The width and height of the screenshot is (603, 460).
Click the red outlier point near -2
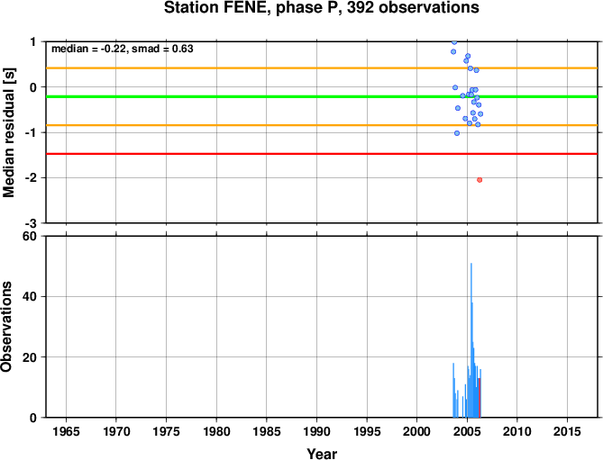pos(480,180)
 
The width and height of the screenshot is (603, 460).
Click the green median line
pos(322,96)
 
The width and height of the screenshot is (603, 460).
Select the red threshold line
pos(322,154)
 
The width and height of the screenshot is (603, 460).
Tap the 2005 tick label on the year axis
pos(467,431)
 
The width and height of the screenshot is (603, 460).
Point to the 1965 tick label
pos(66,431)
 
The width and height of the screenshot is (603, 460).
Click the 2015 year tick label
pos(567,431)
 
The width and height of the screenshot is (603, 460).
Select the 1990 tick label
pos(316,431)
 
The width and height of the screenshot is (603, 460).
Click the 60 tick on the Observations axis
pos(29,236)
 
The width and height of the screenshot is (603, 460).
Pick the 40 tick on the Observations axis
pos(29,297)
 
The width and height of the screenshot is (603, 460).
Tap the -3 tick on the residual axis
pos(32,223)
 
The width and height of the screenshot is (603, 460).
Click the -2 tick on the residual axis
pos(32,177)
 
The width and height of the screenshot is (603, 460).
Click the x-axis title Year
pos(322,454)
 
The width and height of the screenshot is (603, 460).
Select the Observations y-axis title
pos(6,327)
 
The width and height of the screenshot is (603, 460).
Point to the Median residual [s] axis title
pos(8,132)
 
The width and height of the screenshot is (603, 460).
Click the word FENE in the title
pos(246,7)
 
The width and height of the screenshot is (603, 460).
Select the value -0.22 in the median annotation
pos(113,49)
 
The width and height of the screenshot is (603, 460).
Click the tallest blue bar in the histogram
pos(471,340)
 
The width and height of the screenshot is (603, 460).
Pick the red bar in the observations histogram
pos(480,398)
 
